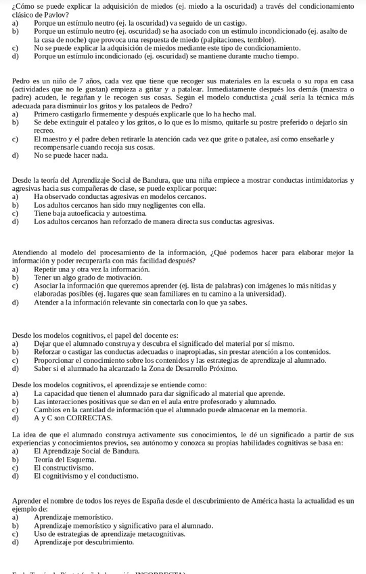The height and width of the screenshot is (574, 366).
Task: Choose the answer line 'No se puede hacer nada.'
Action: (70, 155)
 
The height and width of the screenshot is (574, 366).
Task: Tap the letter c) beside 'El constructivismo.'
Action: (16, 468)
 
